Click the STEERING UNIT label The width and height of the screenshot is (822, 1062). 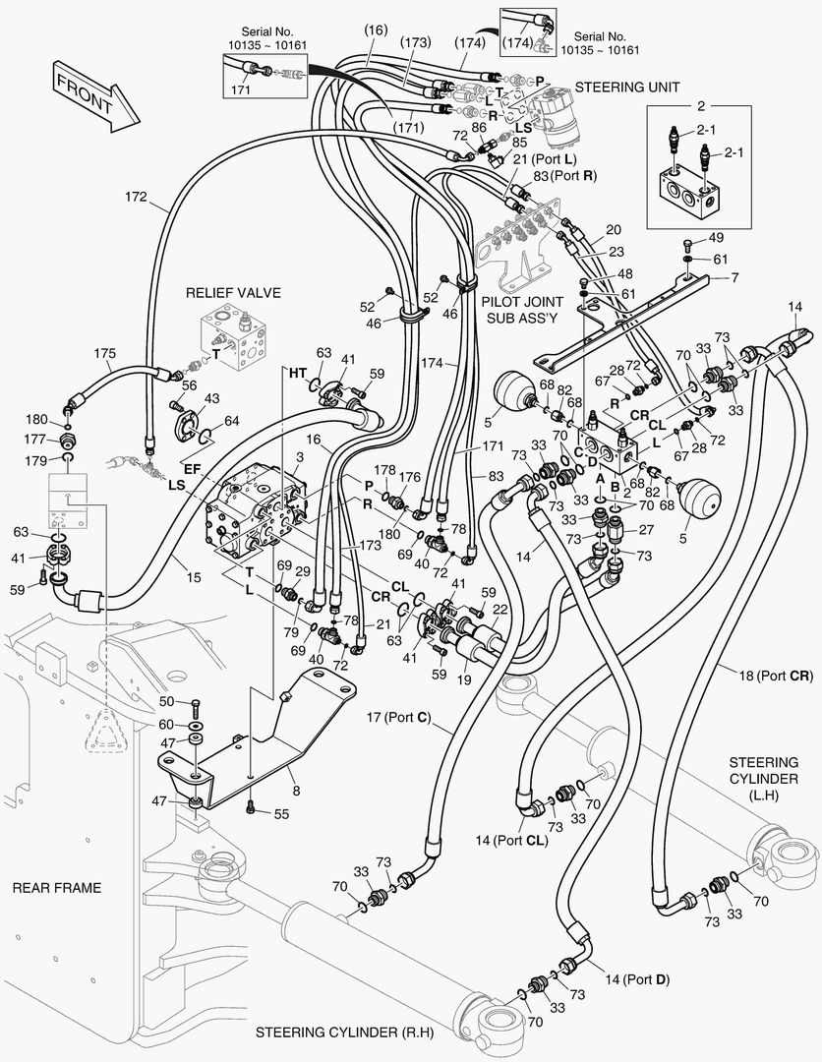click(627, 87)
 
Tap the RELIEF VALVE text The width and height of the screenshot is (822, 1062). click(233, 293)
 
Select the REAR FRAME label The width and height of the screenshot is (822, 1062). click(57, 888)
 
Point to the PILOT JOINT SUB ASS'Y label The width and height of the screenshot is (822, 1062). click(522, 310)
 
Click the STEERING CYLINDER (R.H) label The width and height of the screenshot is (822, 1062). click(344, 1032)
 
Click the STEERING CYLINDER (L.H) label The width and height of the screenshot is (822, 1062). click(764, 778)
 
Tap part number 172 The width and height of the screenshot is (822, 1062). click(136, 197)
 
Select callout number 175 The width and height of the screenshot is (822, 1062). click(104, 353)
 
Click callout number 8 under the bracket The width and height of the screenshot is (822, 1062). click(296, 791)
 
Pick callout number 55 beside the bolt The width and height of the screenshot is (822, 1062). click(281, 813)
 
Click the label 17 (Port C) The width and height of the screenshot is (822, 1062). click(398, 717)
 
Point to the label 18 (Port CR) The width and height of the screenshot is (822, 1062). click(775, 676)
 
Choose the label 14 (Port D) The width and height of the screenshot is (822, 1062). click(637, 979)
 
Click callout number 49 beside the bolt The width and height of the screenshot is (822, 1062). click(716, 238)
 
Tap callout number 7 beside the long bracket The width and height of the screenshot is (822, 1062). click(734, 277)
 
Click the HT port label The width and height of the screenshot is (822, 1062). click(298, 373)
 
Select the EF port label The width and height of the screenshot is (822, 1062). click(193, 468)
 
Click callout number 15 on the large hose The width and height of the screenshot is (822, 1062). click(194, 578)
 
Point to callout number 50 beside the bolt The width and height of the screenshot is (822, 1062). click(166, 701)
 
